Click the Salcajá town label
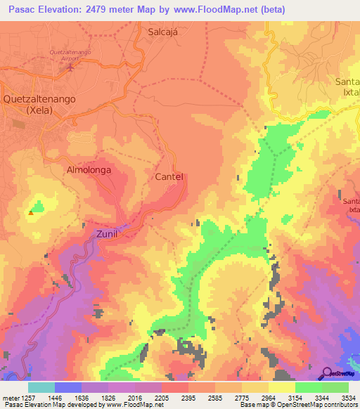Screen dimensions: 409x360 pos(165,32)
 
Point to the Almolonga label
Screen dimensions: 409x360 pos(89,170)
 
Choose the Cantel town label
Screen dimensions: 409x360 pos(169,177)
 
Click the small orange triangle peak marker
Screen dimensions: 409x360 pos(30,212)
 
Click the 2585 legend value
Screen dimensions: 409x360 pos(225,397)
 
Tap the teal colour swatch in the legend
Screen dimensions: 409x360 pos(41,387)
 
